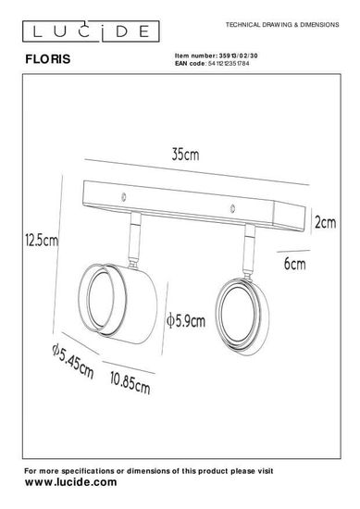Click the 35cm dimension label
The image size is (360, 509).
coord(185,155)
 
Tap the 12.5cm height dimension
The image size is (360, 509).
coord(42,241)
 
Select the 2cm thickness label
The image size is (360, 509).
coord(325,222)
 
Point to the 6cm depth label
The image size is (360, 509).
coord(294,264)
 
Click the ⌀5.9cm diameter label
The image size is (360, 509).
coord(186,321)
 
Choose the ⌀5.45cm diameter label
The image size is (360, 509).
coord(73,361)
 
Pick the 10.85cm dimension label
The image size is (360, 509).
coord(130,383)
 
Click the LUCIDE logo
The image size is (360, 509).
coord(91,31)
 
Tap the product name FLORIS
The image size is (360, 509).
coord(48,59)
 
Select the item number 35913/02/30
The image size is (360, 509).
coord(239,56)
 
